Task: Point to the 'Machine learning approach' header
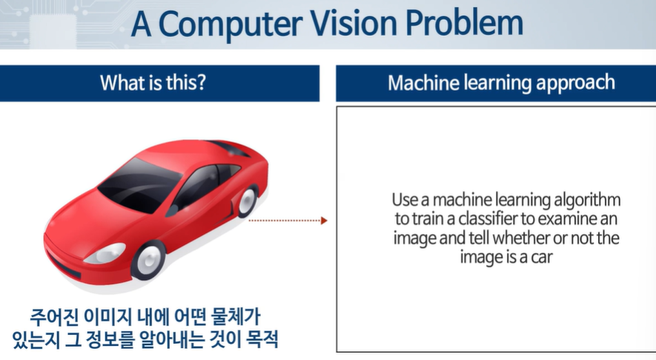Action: (x=501, y=83)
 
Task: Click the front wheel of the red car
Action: (x=148, y=259)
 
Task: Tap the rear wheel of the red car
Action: (x=245, y=201)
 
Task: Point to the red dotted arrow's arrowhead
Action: (x=323, y=220)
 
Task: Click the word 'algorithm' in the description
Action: (x=589, y=201)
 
